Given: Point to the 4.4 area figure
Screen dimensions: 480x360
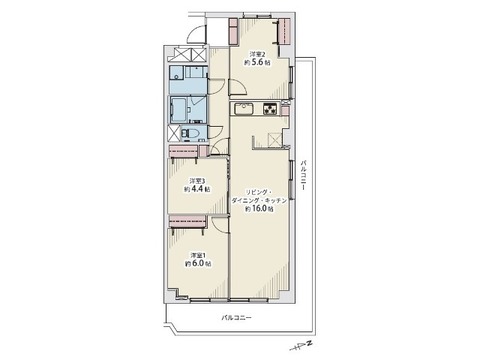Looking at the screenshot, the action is click(x=198, y=189).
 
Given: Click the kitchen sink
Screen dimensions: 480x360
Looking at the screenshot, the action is click(x=244, y=109).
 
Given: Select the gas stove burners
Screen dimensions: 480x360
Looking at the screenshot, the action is click(x=270, y=109).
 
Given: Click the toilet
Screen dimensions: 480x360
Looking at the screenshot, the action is click(x=190, y=134).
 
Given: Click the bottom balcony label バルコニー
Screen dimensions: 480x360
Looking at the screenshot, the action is click(x=236, y=317).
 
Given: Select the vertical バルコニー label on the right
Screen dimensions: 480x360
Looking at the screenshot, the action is click(x=303, y=175).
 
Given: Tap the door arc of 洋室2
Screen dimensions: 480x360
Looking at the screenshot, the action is click(x=238, y=87).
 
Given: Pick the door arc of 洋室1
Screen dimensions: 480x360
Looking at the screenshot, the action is click(x=219, y=223).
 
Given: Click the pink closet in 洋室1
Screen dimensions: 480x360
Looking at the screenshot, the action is click(x=187, y=221).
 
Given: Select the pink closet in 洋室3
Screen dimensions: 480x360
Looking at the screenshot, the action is click(x=183, y=152).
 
